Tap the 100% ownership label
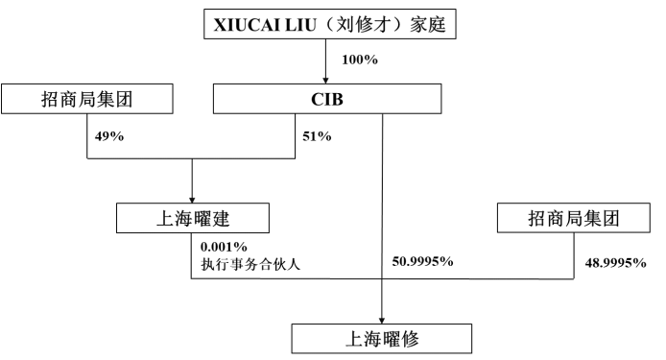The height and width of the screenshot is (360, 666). pos(361,60)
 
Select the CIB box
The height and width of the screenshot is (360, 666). pos(327,98)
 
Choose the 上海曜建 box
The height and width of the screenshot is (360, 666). pos(193,218)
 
